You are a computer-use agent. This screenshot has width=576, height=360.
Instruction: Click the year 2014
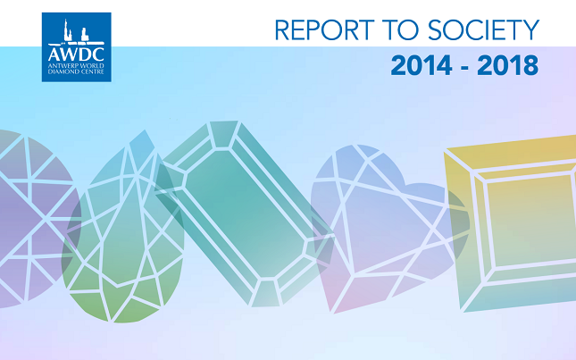pos(422,65)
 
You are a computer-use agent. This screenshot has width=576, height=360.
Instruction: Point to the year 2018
pos(507,65)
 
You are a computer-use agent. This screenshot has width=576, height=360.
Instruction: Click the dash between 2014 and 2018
pos(464,68)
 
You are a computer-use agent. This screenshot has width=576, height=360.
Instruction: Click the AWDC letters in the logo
pos(76,54)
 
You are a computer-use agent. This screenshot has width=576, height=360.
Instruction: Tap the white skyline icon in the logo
pos(76,31)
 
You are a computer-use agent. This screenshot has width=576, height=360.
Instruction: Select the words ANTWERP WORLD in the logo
pos(76,65)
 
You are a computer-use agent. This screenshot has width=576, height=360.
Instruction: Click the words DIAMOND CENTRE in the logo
pos(76,71)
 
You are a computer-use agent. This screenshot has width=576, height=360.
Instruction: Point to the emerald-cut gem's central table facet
pos(245,213)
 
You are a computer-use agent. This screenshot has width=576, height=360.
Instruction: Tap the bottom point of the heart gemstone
pos(334,313)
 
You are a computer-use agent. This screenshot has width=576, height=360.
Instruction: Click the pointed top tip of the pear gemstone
pos(145,130)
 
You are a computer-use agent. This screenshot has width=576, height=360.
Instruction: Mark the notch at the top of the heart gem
pos(404,182)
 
